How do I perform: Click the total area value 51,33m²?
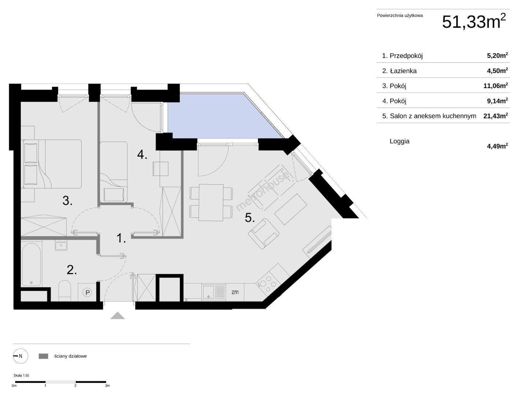coord(473,21)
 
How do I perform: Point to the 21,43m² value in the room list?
coord(495,116)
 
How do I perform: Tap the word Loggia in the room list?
coord(399,141)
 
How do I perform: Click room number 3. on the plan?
coord(67,201)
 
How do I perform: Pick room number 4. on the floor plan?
coord(142,154)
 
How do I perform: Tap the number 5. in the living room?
coord(250,218)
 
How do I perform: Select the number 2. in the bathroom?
coord(72,270)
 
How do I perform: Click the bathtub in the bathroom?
coord(31,264)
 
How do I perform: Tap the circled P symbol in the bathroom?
coord(87,293)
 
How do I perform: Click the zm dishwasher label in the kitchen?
coord(235,292)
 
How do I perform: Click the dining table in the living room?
coord(211,202)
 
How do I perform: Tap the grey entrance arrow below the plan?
coord(118,316)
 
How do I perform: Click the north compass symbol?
coord(21,356)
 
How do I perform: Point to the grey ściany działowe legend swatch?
coord(43,356)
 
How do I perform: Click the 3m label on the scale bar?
coord(107,386)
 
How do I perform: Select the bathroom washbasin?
coord(61,246)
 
